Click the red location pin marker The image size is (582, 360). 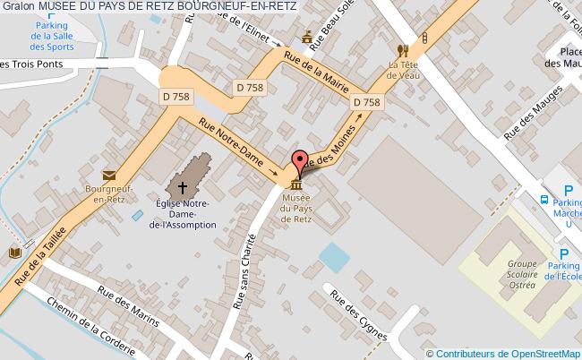[299, 159]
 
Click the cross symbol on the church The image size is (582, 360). [183, 188]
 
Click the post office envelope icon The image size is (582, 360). [108, 176]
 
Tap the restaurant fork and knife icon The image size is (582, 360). [403, 51]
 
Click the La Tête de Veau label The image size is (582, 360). [404, 71]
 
